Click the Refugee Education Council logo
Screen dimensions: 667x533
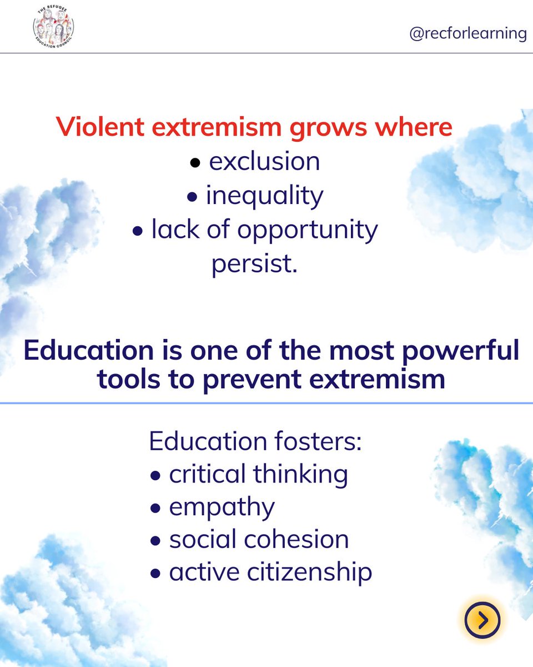coord(53,27)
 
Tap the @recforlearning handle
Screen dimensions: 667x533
coord(467,33)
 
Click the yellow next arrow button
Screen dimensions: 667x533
coord(482,619)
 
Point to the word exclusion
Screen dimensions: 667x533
coord(264,162)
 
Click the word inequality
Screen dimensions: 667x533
coord(264,196)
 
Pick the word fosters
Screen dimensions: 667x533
coord(325,441)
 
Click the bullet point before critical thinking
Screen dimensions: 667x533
coord(157,476)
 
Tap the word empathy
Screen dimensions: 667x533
coord(222,507)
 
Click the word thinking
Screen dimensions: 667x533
coord(300,475)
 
